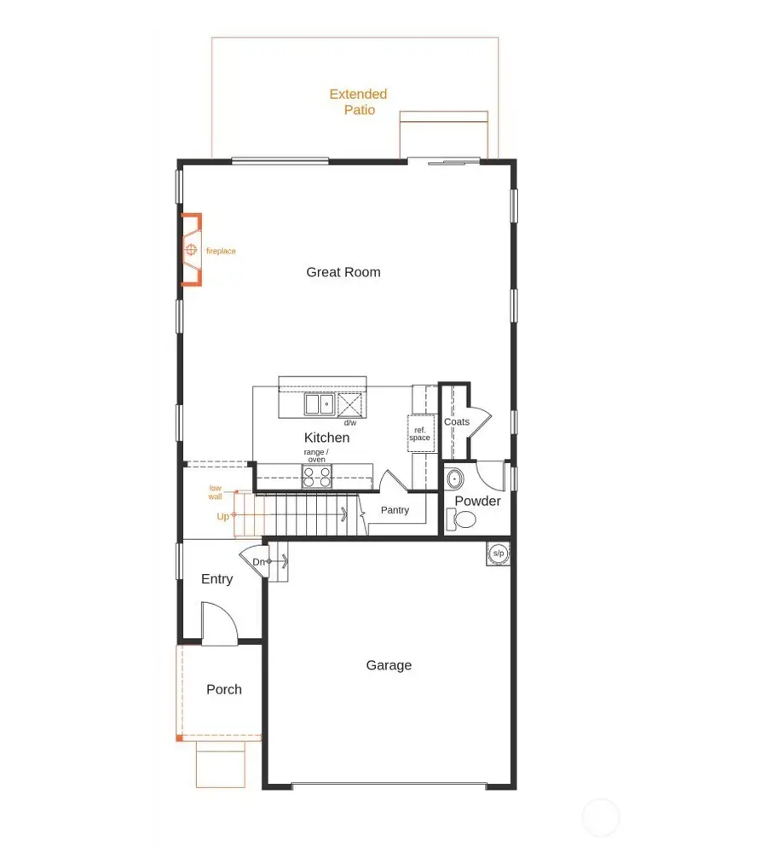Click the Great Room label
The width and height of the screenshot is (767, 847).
point(343,272)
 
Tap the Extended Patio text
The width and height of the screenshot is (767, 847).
point(359,102)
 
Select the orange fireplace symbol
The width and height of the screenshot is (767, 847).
point(191,250)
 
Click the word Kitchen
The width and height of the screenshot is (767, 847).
point(327,438)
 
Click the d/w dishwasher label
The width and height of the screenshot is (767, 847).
point(350,422)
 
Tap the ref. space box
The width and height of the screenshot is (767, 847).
point(419,434)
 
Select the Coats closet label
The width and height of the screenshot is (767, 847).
point(457,422)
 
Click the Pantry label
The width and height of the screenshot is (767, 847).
point(395,510)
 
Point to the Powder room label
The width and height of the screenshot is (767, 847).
point(477,501)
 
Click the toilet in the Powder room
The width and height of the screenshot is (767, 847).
point(464,519)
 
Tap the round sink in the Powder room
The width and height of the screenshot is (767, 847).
point(454,478)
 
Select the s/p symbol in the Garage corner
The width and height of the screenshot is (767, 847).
point(498,553)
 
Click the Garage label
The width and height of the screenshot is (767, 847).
point(389,665)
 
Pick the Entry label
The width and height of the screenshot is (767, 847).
point(217,579)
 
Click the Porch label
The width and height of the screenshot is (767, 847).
point(224,689)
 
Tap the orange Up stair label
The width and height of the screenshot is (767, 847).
point(222,516)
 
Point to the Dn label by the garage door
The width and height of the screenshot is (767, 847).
point(259,562)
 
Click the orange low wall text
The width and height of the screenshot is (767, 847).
point(216,492)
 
